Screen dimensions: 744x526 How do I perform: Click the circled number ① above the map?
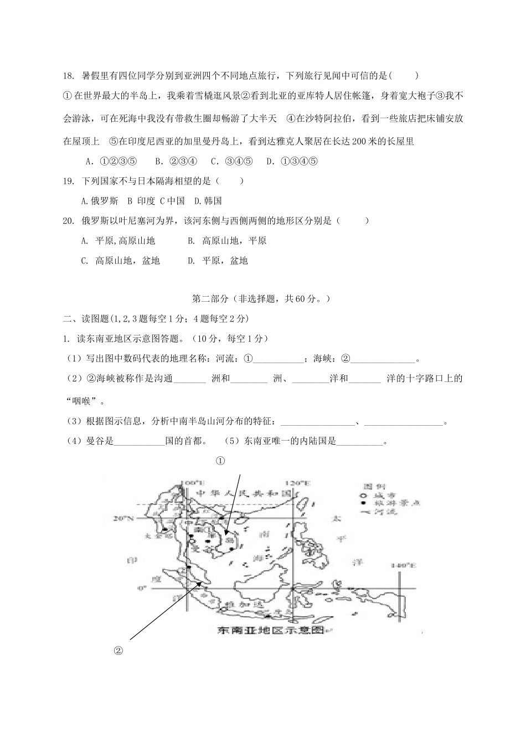220,461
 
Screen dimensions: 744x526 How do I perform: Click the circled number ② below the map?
117,650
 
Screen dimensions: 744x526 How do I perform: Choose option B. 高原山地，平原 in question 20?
226,241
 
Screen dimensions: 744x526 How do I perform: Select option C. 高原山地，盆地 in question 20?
120,261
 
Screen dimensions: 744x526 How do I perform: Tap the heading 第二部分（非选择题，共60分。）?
262,299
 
